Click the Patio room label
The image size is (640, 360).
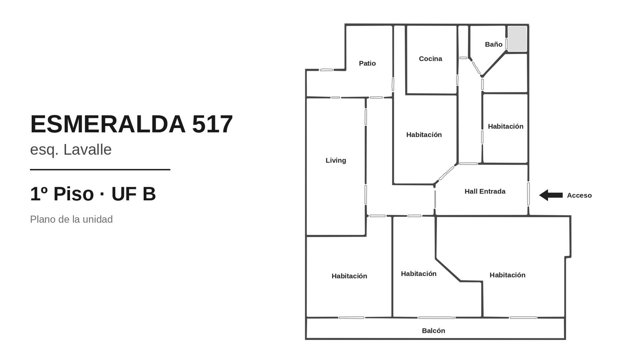pyautogui.click(x=367, y=63)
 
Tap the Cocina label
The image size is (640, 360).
pyautogui.click(x=430, y=58)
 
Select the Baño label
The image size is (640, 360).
pyautogui.click(x=494, y=44)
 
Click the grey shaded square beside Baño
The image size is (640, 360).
pyautogui.click(x=517, y=39)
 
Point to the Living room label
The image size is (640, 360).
pyautogui.click(x=336, y=160)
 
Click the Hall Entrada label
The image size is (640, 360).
pyautogui.click(x=485, y=192)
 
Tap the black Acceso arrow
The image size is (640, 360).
pyautogui.click(x=551, y=195)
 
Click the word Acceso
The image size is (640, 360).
pyautogui.click(x=579, y=196)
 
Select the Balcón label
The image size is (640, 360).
pyautogui.click(x=434, y=330)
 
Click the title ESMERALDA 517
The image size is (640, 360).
pyautogui.click(x=132, y=124)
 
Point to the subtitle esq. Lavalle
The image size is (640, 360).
pyautogui.click(x=71, y=150)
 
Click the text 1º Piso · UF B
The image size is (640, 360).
pyautogui.click(x=93, y=194)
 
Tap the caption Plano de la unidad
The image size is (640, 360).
pyautogui.click(x=72, y=220)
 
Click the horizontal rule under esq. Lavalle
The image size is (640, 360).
pyautogui.click(x=100, y=170)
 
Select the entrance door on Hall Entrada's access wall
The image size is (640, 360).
pyautogui.click(x=528, y=194)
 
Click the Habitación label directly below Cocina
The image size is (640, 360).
pyautogui.click(x=424, y=134)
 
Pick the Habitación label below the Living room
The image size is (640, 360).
pyautogui.click(x=349, y=276)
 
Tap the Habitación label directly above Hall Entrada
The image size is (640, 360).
pyautogui.click(x=506, y=126)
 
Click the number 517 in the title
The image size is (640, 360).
pyautogui.click(x=212, y=124)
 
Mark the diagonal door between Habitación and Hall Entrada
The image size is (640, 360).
pyautogui.click(x=446, y=173)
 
